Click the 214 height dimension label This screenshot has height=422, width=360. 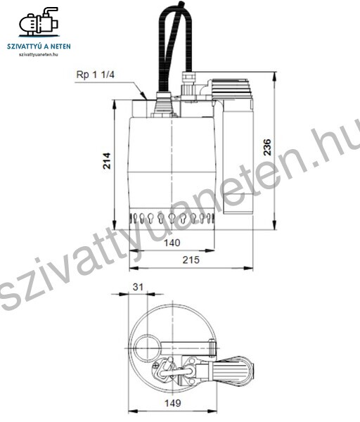click(107, 160)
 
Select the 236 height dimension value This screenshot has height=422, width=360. click(267, 147)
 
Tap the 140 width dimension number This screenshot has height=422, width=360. click(172, 243)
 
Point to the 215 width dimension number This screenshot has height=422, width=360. click(191, 260)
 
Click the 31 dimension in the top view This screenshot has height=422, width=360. click(138, 287)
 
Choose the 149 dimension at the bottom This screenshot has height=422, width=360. click(172, 403)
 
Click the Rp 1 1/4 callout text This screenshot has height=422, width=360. click(96, 75)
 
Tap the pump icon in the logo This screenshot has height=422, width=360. click(39, 22)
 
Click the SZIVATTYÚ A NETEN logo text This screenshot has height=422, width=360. click(39, 46)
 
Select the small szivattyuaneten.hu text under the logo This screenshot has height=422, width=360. click(39, 55)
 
